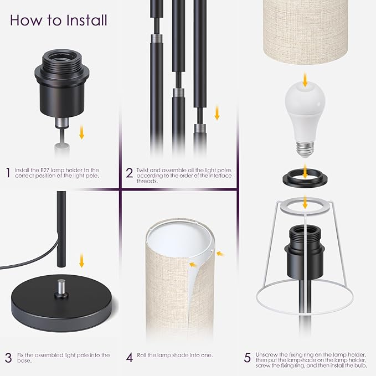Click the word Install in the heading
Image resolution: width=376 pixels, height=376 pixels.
coord(87,20)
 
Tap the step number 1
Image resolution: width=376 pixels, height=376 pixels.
coord(8,173)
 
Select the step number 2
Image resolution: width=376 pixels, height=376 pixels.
coord(129,173)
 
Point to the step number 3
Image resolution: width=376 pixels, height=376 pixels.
coord(8,358)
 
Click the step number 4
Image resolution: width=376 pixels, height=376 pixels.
coord(130,358)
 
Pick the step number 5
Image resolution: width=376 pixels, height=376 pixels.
coord(248,358)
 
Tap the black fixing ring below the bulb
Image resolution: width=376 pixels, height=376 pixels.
coord(305,178)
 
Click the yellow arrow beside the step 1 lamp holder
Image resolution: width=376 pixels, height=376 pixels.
coord(82,132)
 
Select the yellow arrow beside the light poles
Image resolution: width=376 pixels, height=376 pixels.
coord(217,112)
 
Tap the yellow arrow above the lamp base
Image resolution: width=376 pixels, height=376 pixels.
coord(82,260)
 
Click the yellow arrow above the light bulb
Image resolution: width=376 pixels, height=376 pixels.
coord(305,80)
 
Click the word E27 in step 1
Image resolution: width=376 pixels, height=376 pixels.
coord(45,170)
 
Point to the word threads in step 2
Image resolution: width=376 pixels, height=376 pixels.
coord(147,181)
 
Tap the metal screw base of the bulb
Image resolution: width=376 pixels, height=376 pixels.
coord(305,149)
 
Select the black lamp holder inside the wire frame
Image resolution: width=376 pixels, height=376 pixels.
coord(305,253)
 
